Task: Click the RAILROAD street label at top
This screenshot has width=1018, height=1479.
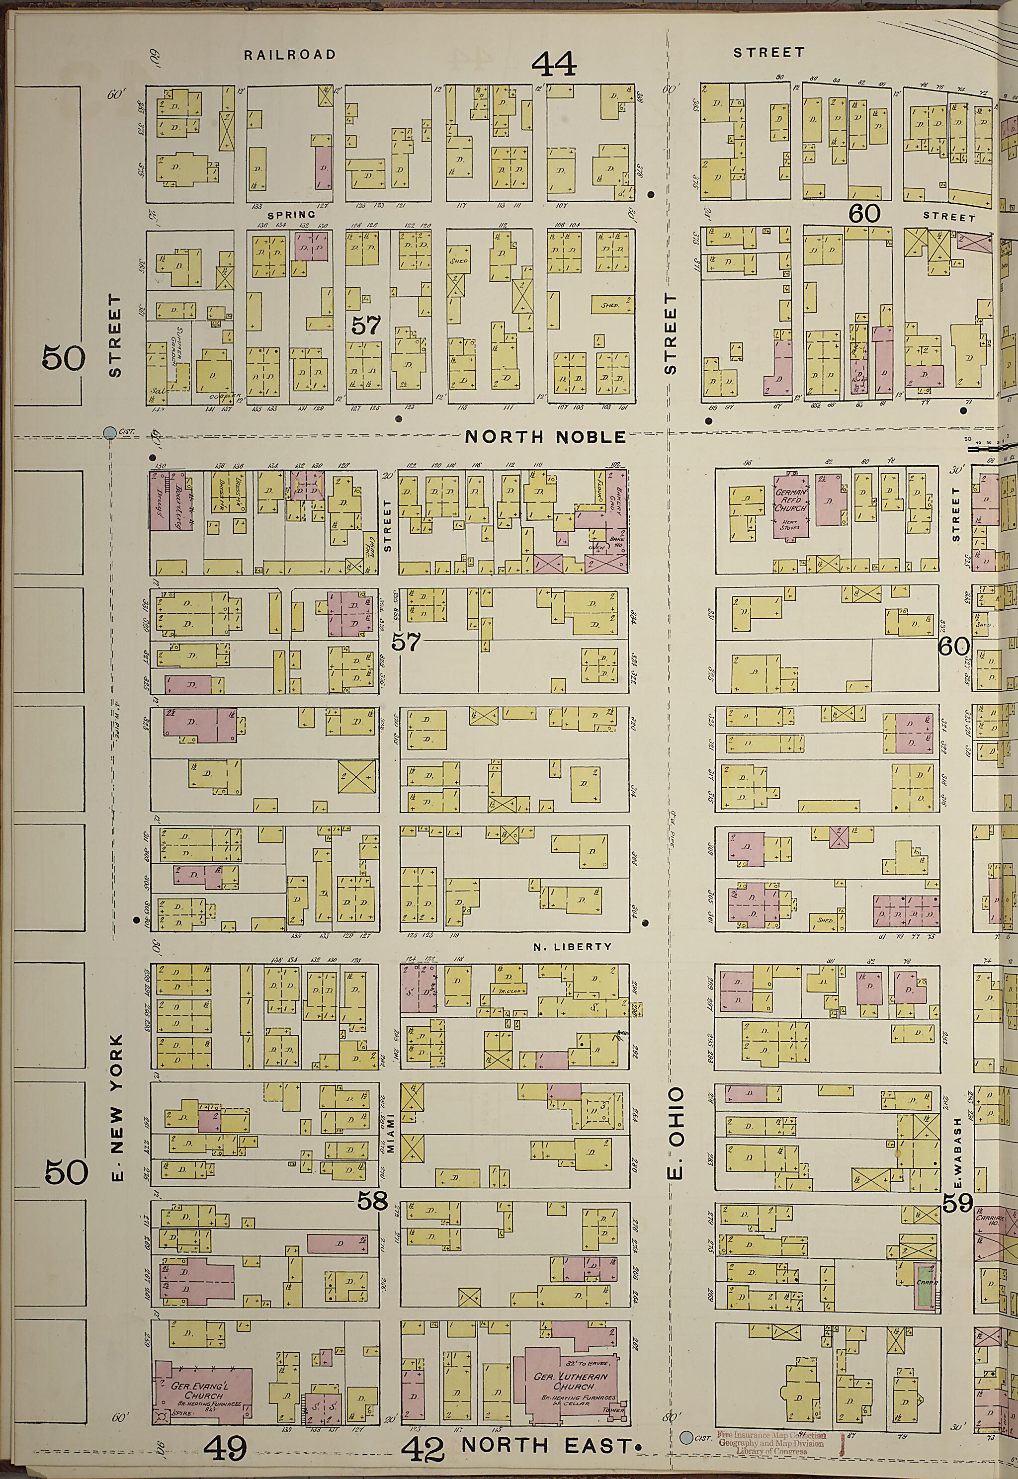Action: coord(290,55)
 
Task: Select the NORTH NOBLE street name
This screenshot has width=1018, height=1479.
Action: coord(545,437)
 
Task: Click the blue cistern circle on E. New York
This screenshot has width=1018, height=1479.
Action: coord(110,433)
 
